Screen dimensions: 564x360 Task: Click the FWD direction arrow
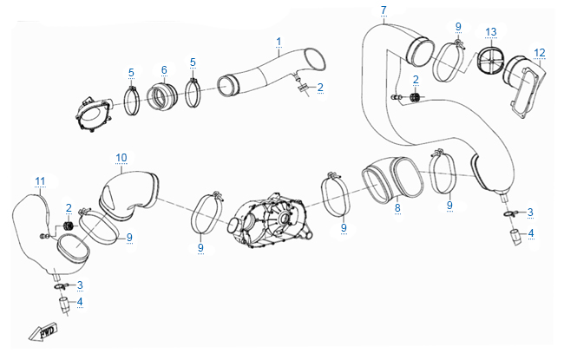pyautogui.click(x=43, y=331)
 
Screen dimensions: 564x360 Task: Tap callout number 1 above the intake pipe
pyautogui.click(x=279, y=42)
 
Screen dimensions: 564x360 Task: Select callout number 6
pyautogui.click(x=164, y=69)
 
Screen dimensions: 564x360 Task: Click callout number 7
pyautogui.click(x=384, y=10)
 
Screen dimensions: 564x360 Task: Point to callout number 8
pyautogui.click(x=397, y=208)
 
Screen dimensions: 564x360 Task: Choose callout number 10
pyautogui.click(x=121, y=158)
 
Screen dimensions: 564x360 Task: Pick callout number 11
pyautogui.click(x=40, y=181)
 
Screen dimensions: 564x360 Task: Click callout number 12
pyautogui.click(x=540, y=53)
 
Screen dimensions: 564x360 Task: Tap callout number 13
pyautogui.click(x=491, y=32)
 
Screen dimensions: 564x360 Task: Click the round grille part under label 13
pyautogui.click(x=490, y=61)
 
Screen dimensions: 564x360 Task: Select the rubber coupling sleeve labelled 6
pyautogui.click(x=162, y=97)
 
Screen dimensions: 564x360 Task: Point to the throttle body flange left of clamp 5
pyautogui.click(x=93, y=113)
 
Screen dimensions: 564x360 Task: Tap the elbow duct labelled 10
pyautogui.click(x=128, y=195)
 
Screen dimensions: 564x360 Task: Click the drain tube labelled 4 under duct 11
pyautogui.click(x=64, y=305)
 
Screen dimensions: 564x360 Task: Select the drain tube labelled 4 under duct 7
pyautogui.click(x=516, y=237)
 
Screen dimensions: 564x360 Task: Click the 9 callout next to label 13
pyautogui.click(x=458, y=26)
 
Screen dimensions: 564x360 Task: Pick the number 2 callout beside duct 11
pyautogui.click(x=69, y=208)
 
